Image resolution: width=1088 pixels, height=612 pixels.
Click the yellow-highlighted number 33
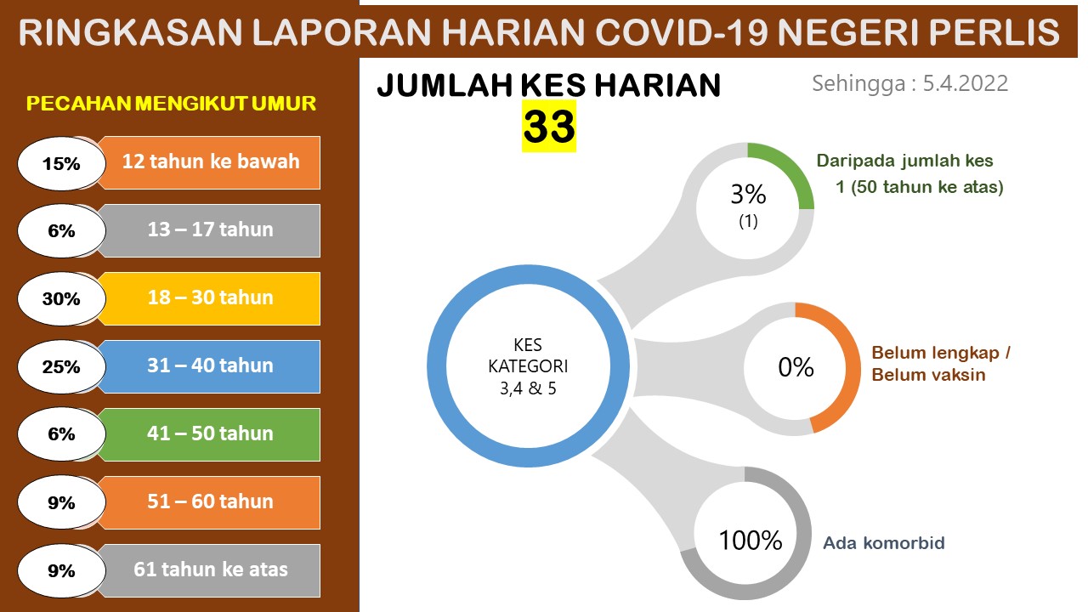pos(549,127)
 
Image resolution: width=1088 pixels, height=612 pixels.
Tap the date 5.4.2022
pos(965,83)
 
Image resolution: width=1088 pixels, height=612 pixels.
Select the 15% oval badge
pos(62,163)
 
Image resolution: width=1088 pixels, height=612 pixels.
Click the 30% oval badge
pos(62,298)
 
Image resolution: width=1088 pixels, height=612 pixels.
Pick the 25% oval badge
pos(62,366)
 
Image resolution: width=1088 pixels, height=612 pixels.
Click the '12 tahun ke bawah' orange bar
pos(210,162)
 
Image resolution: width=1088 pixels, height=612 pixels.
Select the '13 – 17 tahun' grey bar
pos(210,230)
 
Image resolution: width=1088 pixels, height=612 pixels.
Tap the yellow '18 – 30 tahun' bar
pos(210,298)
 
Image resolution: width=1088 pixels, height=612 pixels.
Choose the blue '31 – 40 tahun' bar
pos(210,366)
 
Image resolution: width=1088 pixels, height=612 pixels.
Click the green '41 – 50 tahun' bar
pos(210,434)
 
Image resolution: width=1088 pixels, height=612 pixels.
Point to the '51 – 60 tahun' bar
pos(210,502)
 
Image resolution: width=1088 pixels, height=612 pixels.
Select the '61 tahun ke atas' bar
pos(210,570)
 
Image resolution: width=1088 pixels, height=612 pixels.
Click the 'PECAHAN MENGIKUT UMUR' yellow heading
pos(171,104)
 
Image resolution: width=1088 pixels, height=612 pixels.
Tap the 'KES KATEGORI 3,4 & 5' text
pos(528,366)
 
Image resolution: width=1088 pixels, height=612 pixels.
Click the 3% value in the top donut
pos(748,195)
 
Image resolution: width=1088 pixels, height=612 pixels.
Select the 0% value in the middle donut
pos(796,367)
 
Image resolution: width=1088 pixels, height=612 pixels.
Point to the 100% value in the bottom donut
pos(751,540)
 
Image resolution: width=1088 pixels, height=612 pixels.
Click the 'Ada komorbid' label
pos(884,543)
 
